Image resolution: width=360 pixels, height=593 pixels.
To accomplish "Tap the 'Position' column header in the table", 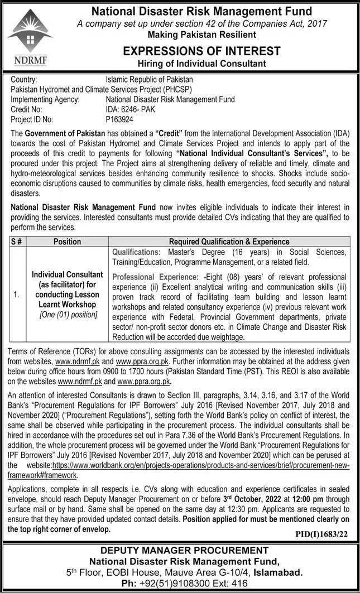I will click(67, 242).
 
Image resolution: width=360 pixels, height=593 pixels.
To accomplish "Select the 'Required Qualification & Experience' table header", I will click(229, 242).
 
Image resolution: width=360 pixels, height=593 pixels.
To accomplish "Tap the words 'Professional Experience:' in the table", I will click(155, 277).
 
